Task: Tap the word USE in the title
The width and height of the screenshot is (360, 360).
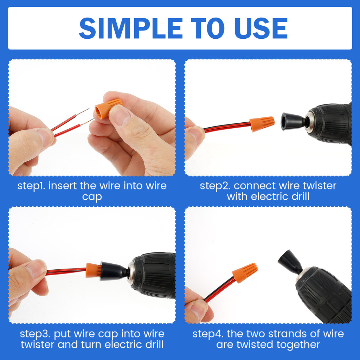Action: pos(261,28)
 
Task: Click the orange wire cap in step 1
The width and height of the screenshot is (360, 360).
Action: pos(108,108)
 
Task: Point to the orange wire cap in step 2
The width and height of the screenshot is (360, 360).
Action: pos(262,124)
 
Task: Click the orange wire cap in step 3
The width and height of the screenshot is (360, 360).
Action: pos(94,270)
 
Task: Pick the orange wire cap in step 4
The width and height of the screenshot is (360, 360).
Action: pos(245,273)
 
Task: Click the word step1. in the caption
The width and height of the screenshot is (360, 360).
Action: pos(32,186)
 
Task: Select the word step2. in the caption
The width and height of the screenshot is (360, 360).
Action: pos(215,186)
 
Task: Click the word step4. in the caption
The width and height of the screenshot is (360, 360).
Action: pos(208,334)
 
